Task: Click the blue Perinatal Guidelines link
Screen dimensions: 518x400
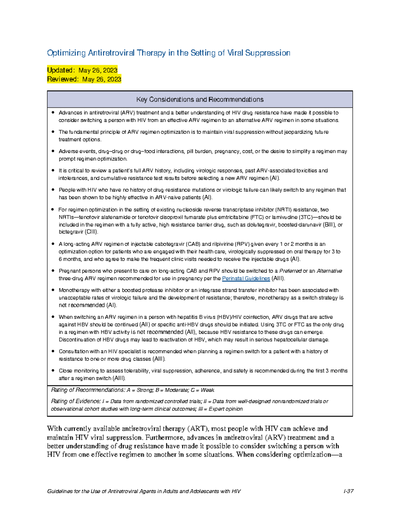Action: [x=246, y=279]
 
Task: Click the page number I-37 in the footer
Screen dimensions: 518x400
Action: [x=348, y=491]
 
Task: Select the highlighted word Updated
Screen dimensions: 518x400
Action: [x=60, y=70]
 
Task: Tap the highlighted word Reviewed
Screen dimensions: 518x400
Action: [x=62, y=79]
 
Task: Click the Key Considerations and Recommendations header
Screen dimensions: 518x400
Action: [x=200, y=99]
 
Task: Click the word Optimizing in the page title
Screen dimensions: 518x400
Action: [x=66, y=53]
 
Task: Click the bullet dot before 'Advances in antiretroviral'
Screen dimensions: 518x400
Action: [x=53, y=112]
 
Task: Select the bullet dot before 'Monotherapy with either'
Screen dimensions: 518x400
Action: [x=53, y=290]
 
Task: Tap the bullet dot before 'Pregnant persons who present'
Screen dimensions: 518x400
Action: [x=53, y=271]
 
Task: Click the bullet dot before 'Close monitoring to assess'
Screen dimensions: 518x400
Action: [x=53, y=370]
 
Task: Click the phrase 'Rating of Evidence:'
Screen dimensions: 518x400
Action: [x=76, y=401]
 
